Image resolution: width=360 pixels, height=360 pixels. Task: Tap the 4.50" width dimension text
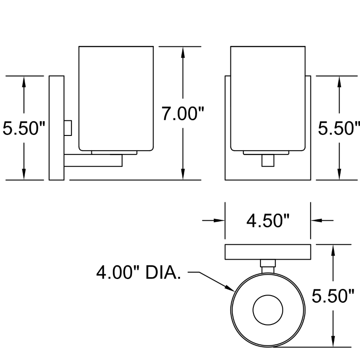(267, 221)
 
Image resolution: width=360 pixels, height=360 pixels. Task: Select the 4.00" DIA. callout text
(139, 273)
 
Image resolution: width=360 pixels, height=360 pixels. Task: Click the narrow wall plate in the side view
(56, 128)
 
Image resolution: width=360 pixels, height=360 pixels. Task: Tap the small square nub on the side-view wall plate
(68, 127)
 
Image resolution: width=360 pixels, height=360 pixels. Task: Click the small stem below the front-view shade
(268, 160)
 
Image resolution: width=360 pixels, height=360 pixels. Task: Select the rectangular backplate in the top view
(268, 252)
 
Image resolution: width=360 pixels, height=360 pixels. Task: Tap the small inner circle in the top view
(268, 310)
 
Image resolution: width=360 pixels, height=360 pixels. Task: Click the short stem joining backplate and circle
(268, 266)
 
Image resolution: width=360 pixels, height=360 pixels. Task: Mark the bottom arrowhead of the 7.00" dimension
(183, 175)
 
